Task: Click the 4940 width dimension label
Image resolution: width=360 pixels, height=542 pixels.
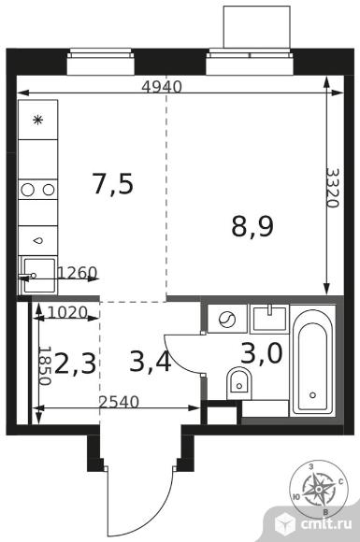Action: (162, 87)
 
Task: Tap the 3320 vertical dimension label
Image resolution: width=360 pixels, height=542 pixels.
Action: (333, 188)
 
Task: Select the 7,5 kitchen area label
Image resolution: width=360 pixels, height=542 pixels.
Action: (113, 184)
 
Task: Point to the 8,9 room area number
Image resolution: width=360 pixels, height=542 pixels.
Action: (252, 227)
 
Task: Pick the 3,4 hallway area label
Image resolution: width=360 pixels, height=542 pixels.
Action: (151, 362)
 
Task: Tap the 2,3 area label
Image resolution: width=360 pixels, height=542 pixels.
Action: (75, 363)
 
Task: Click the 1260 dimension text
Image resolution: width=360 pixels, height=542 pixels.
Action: (77, 273)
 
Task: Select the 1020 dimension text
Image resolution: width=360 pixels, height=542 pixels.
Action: (67, 313)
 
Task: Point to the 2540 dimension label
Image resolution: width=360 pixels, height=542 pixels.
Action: (119, 402)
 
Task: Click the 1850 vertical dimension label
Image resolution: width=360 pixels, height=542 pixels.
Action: (45, 366)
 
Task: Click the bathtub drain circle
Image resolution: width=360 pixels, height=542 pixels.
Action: (313, 394)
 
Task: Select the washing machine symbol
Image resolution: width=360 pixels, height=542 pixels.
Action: (227, 319)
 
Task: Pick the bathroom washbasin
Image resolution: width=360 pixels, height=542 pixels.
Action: (269, 319)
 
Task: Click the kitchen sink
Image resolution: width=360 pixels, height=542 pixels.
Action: (38, 275)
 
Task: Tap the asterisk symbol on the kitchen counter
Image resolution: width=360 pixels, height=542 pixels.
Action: (37, 120)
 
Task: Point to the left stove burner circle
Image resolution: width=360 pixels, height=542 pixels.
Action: (27, 190)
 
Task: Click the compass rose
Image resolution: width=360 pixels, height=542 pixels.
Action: (318, 489)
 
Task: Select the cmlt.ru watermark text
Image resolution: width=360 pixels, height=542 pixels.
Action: (326, 524)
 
